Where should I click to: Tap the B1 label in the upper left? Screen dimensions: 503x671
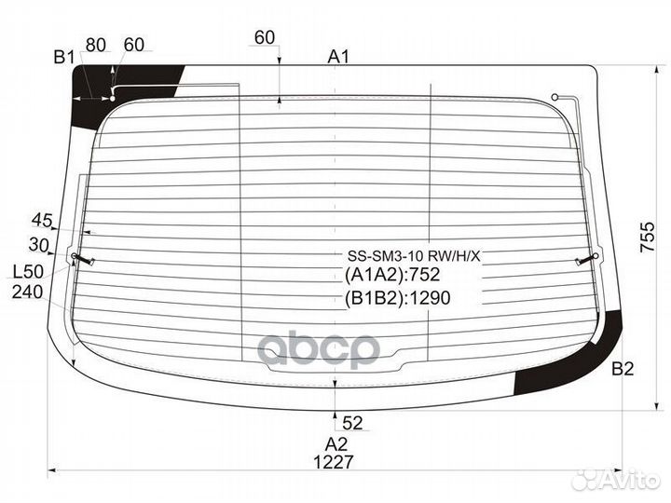tap(63, 58)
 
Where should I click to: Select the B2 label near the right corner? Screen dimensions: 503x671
tap(623, 370)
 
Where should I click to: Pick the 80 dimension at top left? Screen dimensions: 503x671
tap(95, 44)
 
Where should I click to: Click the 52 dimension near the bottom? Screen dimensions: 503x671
tap(352, 424)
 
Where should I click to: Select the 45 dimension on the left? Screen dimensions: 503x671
tap(41, 220)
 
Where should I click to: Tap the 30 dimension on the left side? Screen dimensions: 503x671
tap(38, 244)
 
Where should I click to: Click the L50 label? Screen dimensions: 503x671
tap(29, 272)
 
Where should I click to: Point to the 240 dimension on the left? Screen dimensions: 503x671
tap(27, 292)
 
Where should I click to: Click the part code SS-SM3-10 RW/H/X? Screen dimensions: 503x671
tap(414, 255)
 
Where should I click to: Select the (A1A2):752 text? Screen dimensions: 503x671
tap(391, 275)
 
